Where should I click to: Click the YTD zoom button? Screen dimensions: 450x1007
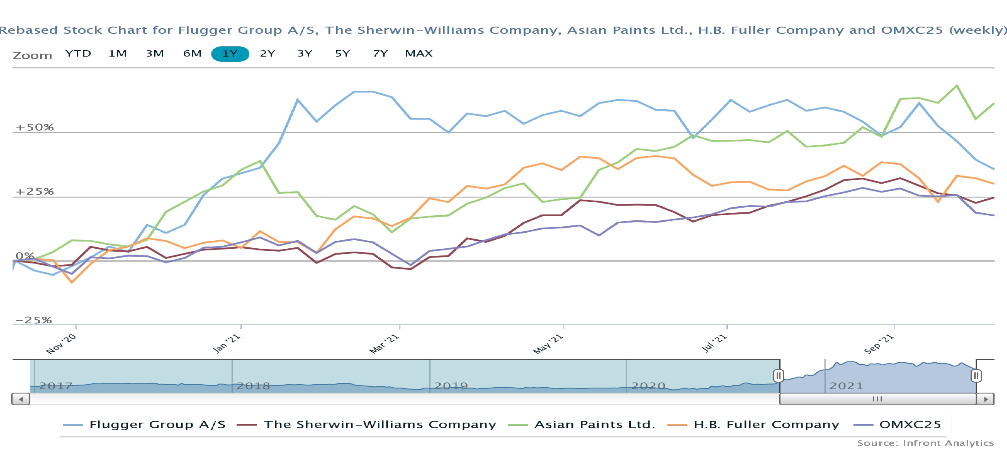[x=78, y=54]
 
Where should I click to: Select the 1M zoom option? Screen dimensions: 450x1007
[x=117, y=54]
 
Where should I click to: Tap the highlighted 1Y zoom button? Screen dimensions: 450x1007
[x=230, y=54]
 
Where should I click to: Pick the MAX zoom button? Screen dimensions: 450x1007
[x=419, y=54]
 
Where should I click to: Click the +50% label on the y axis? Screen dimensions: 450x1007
[x=34, y=127]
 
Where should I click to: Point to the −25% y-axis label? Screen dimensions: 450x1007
[x=34, y=320]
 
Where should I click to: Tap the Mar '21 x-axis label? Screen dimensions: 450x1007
[x=384, y=344]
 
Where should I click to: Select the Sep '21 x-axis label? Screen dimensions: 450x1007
[x=879, y=344]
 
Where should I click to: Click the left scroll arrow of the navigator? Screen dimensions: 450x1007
[x=21, y=399]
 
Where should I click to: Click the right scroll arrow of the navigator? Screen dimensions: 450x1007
[x=985, y=399]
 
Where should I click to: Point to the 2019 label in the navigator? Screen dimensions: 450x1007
[x=451, y=386]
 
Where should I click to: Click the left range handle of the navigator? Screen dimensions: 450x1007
[x=778, y=376]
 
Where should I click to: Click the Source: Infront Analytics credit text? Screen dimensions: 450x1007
[x=925, y=443]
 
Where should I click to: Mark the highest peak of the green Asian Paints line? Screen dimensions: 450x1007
[x=957, y=86]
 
